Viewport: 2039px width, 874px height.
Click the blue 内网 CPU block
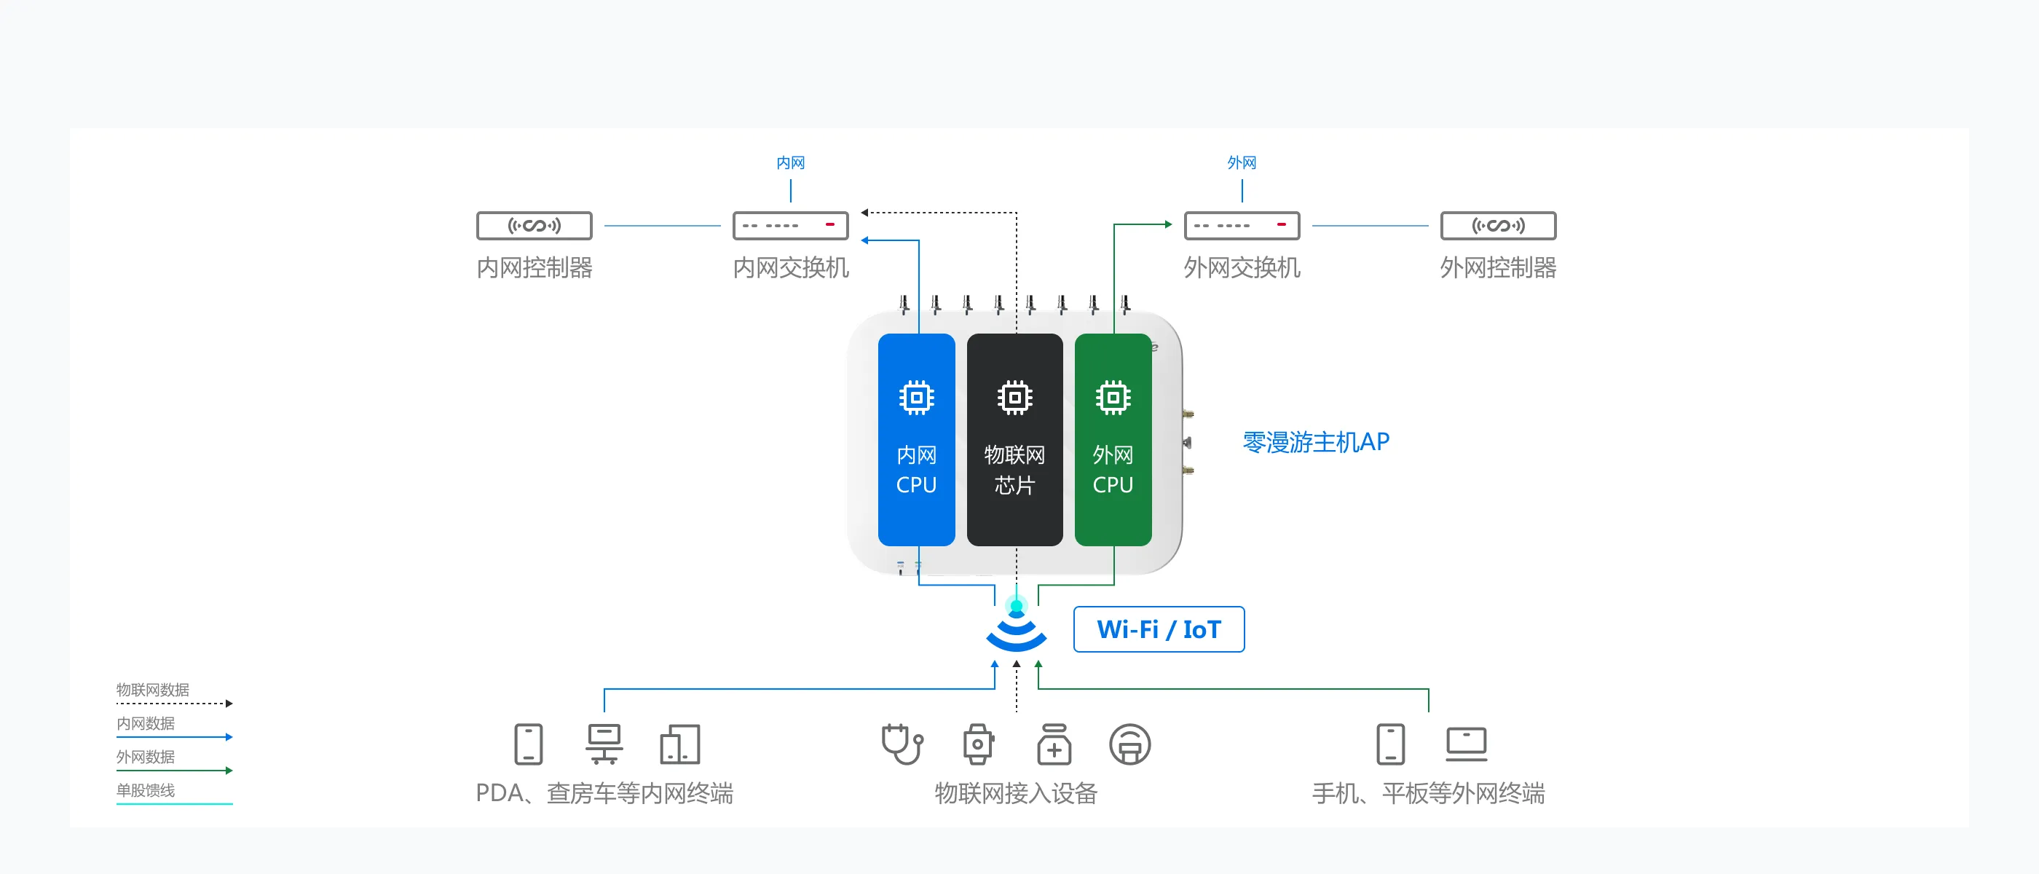pyautogui.click(x=916, y=439)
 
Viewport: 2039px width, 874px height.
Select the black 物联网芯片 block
pyautogui.click(x=1014, y=439)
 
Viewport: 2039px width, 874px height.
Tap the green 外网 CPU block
pyautogui.click(x=1112, y=439)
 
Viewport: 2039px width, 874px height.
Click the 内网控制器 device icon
pyautogui.click(x=535, y=226)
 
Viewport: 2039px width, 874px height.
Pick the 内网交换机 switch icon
pyautogui.click(x=790, y=226)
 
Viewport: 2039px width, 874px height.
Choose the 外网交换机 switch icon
pyautogui.click(x=1241, y=226)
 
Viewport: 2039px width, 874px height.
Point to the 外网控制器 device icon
pyautogui.click(x=1498, y=226)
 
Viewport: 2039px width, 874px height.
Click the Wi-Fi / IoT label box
pyautogui.click(x=1158, y=629)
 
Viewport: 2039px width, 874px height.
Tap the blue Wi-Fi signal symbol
pyautogui.click(x=1017, y=629)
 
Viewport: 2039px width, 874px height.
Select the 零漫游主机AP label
pyautogui.click(x=1316, y=442)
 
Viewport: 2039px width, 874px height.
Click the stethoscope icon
pyautogui.click(x=902, y=744)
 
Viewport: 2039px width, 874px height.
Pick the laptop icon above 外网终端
pyautogui.click(x=1466, y=744)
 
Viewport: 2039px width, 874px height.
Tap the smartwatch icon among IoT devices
pyautogui.click(x=977, y=744)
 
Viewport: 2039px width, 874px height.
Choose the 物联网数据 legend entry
pyautogui.click(x=153, y=690)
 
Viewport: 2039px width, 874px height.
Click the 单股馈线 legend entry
pyautogui.click(x=146, y=790)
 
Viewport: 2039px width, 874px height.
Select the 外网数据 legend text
pyautogui.click(x=146, y=757)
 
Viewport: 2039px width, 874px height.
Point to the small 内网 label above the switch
pyautogui.click(x=790, y=163)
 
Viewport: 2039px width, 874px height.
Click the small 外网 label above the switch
pyautogui.click(x=1241, y=163)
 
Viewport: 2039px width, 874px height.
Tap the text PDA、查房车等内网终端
pyautogui.click(x=604, y=792)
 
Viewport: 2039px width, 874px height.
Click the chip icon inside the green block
pyautogui.click(x=1112, y=398)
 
